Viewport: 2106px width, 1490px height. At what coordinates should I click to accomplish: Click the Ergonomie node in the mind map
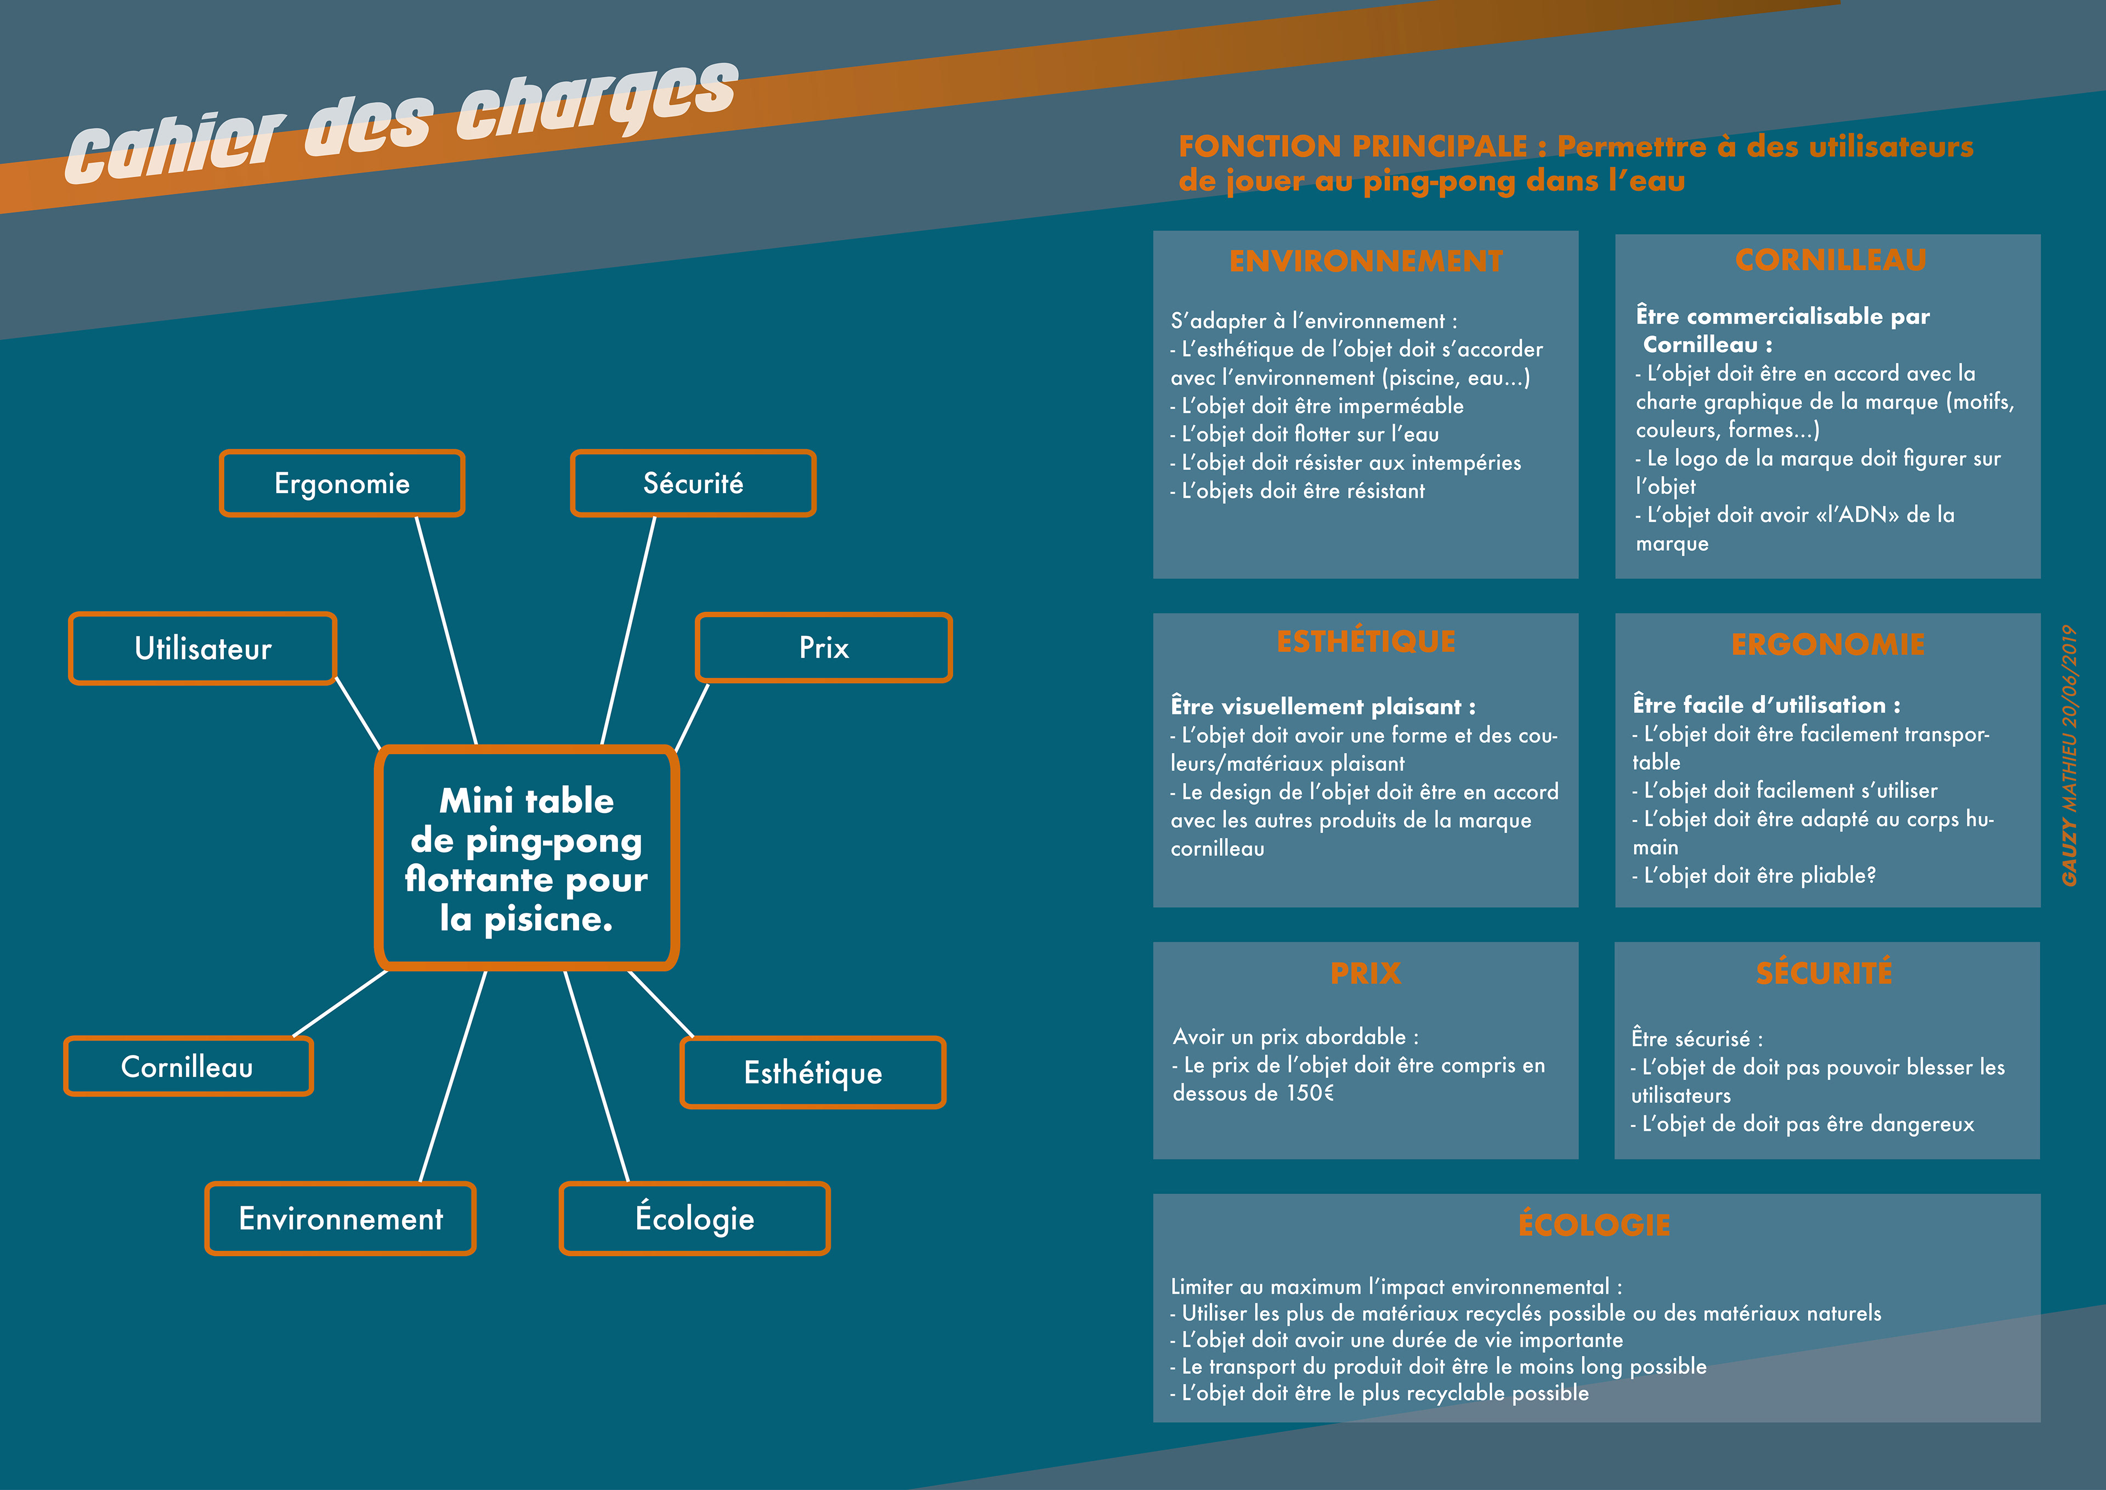[342, 483]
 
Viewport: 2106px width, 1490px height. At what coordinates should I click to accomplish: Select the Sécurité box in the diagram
[693, 483]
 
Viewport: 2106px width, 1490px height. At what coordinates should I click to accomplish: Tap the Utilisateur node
[203, 648]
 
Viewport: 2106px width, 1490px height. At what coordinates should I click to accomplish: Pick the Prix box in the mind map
[824, 648]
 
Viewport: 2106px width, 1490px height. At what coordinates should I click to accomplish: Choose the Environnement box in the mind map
[340, 1218]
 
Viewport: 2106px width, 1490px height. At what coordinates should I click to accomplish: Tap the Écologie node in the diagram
[694, 1218]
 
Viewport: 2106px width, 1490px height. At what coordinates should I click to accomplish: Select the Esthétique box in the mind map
[813, 1073]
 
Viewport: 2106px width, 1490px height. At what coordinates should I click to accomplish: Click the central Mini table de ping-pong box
[526, 859]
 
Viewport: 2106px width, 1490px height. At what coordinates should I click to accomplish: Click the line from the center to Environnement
[452, 1076]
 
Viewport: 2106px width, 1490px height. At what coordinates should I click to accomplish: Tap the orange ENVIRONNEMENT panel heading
[1365, 262]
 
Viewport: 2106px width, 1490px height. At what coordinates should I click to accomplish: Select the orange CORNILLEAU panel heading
[1830, 261]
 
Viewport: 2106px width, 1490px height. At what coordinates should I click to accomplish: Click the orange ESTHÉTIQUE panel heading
[1365, 641]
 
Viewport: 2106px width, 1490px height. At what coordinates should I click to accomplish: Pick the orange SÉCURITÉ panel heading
[1824, 973]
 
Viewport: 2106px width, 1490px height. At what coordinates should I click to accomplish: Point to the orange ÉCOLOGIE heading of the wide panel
[1594, 1225]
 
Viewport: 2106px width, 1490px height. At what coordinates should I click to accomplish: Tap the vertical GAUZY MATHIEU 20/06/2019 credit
[2069, 755]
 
